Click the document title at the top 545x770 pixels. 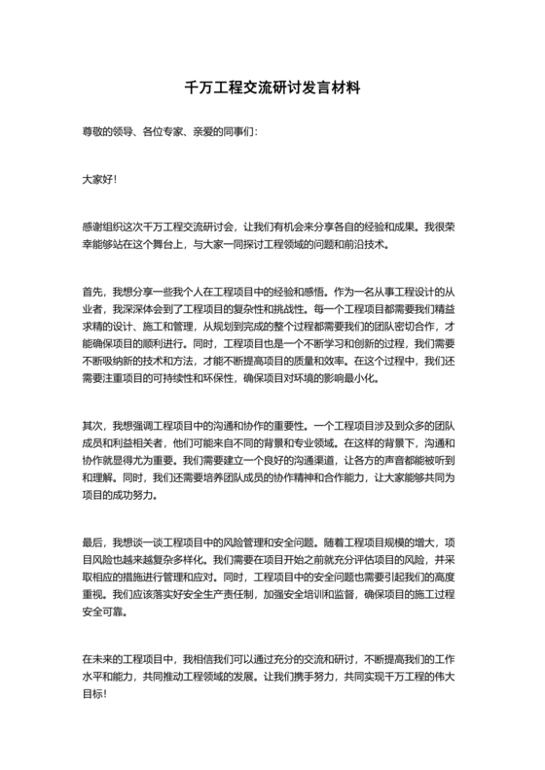[x=272, y=87]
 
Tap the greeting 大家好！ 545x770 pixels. [x=99, y=180]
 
